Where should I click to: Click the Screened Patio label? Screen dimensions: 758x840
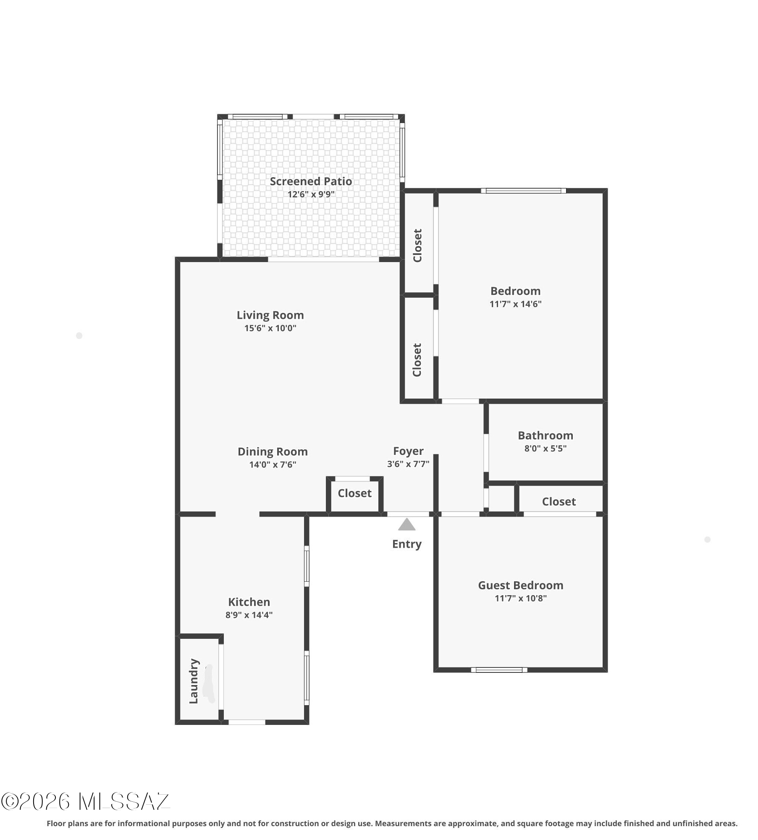pos(311,181)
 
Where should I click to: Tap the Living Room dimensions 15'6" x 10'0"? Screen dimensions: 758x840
pos(270,328)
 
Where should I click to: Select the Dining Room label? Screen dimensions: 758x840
pos(273,451)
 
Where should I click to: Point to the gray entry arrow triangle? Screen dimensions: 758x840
pos(407,524)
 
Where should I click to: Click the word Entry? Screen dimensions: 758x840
pos(407,544)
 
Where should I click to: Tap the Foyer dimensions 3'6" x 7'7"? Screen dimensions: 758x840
pos(408,464)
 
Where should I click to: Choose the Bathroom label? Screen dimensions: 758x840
pos(545,436)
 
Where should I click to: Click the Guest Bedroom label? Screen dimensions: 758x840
pos(521,585)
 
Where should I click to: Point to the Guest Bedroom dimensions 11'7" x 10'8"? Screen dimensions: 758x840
pos(521,598)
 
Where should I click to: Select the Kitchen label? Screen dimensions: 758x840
pos(249,602)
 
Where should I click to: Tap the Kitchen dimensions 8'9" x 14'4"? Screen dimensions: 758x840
pos(249,615)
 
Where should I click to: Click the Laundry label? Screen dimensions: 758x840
pos(194,681)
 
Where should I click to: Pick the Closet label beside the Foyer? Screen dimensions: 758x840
pos(354,493)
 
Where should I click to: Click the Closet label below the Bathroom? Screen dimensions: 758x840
pos(559,501)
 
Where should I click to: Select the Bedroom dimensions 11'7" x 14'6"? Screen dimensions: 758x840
pos(515,304)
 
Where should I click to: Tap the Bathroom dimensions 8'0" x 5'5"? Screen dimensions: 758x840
pos(545,449)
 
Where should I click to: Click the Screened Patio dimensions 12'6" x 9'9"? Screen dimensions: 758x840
pos(311,194)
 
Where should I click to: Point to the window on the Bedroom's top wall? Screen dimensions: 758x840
pos(523,191)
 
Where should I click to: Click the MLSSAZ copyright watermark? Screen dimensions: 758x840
pos(85,802)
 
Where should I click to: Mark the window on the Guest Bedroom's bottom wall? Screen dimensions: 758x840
pos(499,670)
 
